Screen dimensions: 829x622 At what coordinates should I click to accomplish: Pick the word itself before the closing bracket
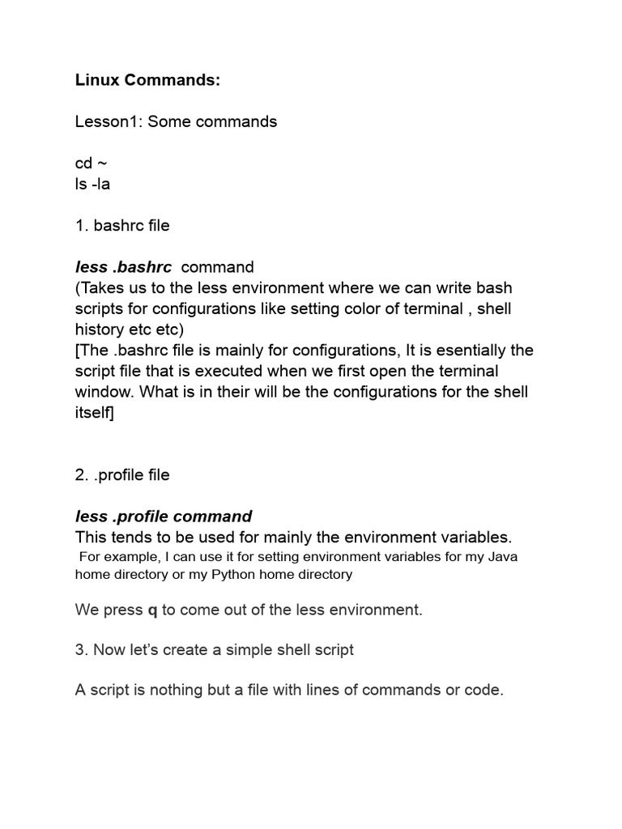92,413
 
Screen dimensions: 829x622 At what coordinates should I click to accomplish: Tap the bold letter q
152,610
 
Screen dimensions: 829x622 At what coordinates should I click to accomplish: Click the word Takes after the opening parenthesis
102,287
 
